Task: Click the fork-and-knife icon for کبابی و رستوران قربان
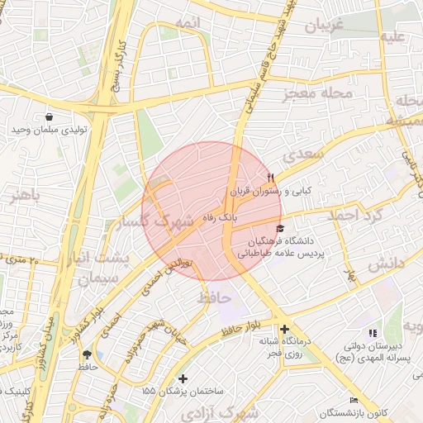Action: [270, 178]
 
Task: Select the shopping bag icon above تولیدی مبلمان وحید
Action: [50, 117]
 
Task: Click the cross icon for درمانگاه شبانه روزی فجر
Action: [284, 329]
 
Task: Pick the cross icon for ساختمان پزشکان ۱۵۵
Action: [183, 378]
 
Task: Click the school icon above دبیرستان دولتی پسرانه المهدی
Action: [371, 332]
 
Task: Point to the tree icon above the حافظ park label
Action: [87, 354]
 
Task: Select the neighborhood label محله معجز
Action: [318, 93]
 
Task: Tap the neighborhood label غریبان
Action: [324, 26]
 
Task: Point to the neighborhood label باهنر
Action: [25, 196]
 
